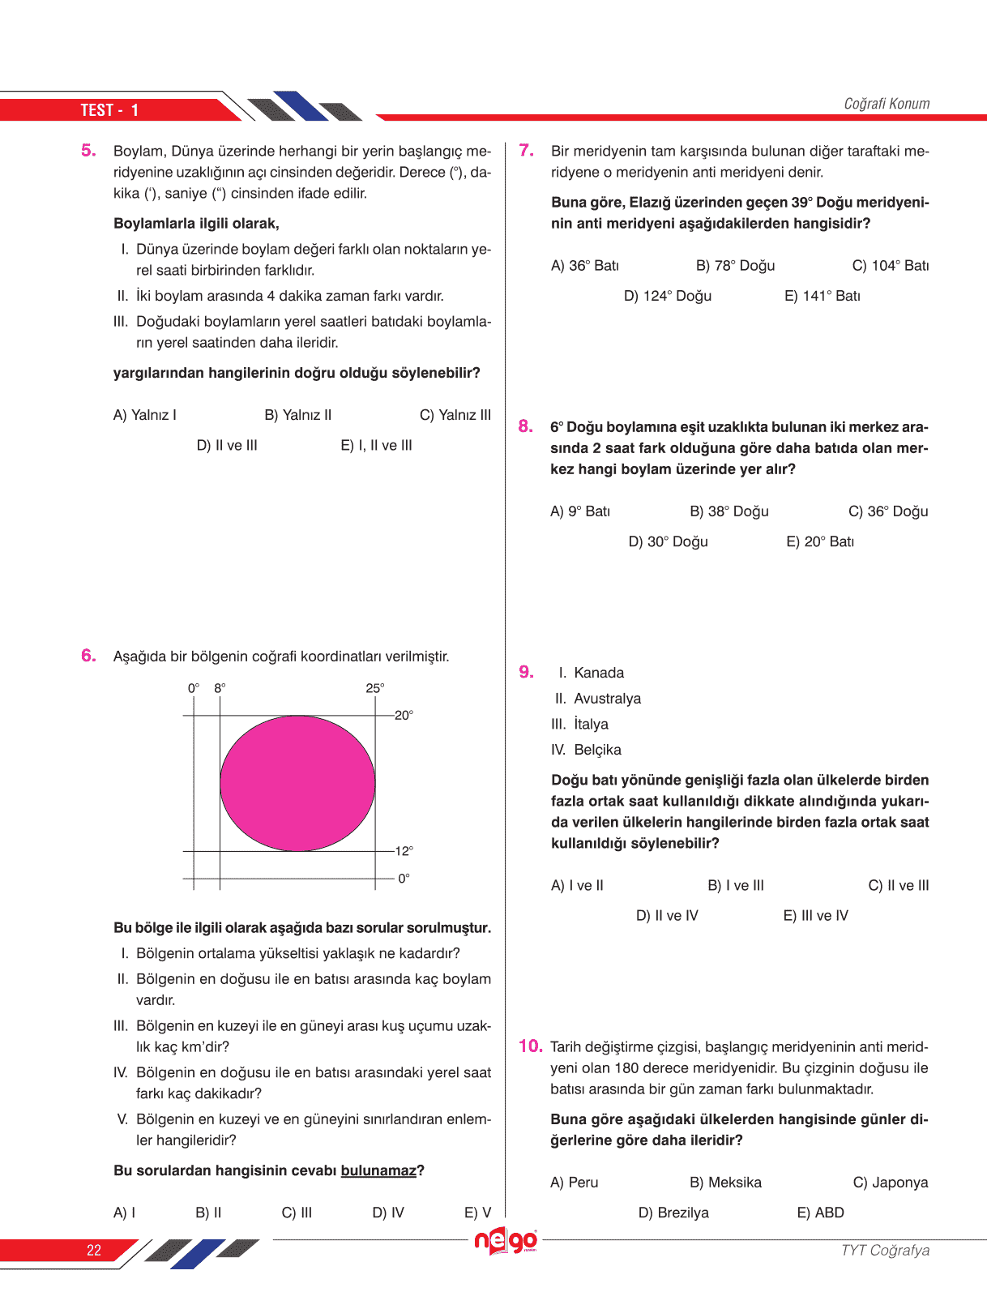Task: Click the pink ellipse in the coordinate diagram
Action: click(297, 783)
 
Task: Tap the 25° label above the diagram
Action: click(375, 688)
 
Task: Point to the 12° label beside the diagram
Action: click(404, 851)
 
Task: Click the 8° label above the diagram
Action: click(220, 688)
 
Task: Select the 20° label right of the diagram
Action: click(404, 715)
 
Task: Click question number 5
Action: click(88, 151)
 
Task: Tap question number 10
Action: click(530, 1046)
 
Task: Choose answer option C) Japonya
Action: click(890, 1183)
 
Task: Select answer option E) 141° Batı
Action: click(822, 296)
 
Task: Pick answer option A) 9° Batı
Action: click(579, 511)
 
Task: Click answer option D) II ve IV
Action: click(666, 916)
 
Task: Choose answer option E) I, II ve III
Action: click(376, 445)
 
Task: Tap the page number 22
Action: click(94, 1250)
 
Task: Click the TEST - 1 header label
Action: click(109, 110)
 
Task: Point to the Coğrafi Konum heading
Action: click(887, 104)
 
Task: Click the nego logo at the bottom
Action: click(506, 1241)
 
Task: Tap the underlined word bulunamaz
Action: click(378, 1170)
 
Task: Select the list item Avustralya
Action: click(607, 699)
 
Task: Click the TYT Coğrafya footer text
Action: click(885, 1250)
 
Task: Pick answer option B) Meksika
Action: click(725, 1183)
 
